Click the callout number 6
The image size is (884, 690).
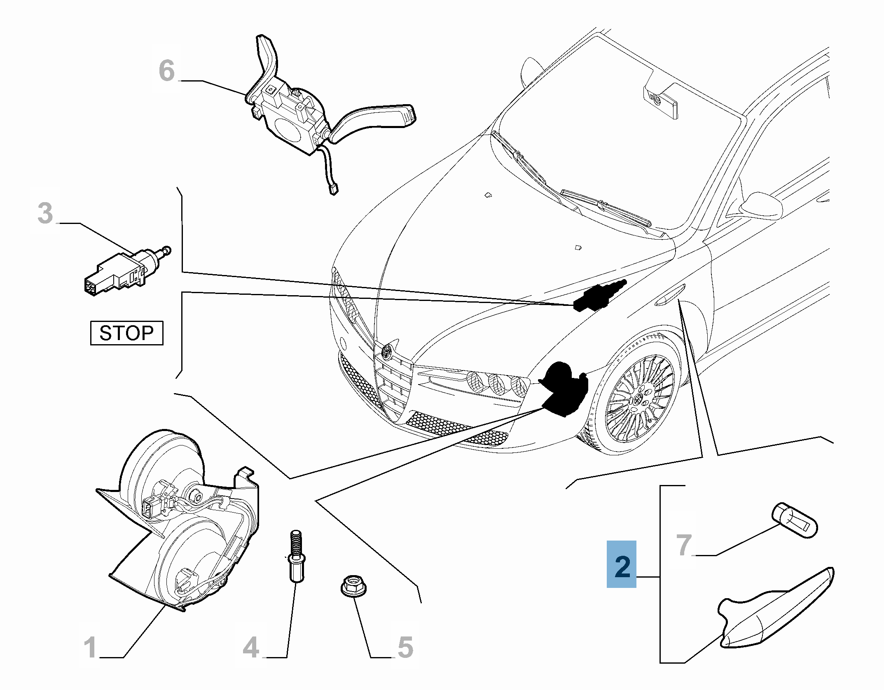pos(166,70)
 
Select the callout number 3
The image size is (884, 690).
pos(45,213)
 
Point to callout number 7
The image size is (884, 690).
pos(684,545)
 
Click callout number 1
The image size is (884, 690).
pos(90,648)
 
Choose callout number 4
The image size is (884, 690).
pos(251,648)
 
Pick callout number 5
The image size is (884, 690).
pos(405,648)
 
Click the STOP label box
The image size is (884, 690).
pos(126,333)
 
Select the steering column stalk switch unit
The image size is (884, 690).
pos(297,115)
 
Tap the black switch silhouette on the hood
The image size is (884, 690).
pos(597,296)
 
